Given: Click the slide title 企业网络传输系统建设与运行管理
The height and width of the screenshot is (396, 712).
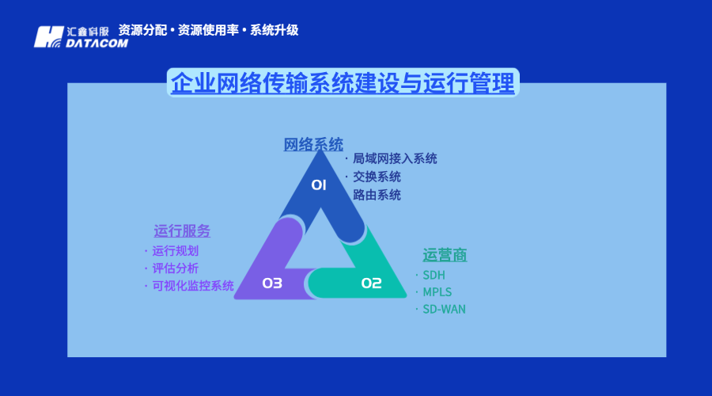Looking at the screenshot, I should click(343, 82).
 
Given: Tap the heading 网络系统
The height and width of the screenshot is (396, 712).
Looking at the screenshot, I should click(313, 144).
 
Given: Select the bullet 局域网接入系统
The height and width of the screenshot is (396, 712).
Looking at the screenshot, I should click(395, 158).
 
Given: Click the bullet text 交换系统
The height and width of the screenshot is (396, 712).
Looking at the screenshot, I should click(377, 177).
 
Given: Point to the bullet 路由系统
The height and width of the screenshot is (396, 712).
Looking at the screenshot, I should click(377, 195).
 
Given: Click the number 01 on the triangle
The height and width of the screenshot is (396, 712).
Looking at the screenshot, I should click(319, 185).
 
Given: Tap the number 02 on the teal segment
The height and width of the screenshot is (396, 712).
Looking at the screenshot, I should click(371, 283).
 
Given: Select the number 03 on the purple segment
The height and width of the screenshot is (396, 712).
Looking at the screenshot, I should click(272, 283).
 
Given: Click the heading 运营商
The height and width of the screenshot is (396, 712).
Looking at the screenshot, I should click(445, 255).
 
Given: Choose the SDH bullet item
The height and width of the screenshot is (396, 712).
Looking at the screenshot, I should click(434, 275).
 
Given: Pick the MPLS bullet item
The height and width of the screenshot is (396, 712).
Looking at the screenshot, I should click(437, 292).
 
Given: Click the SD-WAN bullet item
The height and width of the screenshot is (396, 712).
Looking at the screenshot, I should click(444, 310).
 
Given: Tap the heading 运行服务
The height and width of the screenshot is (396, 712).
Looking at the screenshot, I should click(182, 231).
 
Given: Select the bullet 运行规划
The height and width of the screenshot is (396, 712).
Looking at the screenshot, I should click(176, 250).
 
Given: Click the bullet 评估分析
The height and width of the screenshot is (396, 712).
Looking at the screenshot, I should click(176, 268).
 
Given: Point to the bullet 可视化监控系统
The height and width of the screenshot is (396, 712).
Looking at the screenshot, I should click(193, 286).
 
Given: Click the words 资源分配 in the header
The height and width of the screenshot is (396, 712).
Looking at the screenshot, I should click(143, 30).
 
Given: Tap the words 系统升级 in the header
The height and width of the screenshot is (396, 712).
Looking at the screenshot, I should click(275, 30).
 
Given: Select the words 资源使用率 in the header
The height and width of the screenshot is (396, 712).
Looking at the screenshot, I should click(209, 30).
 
